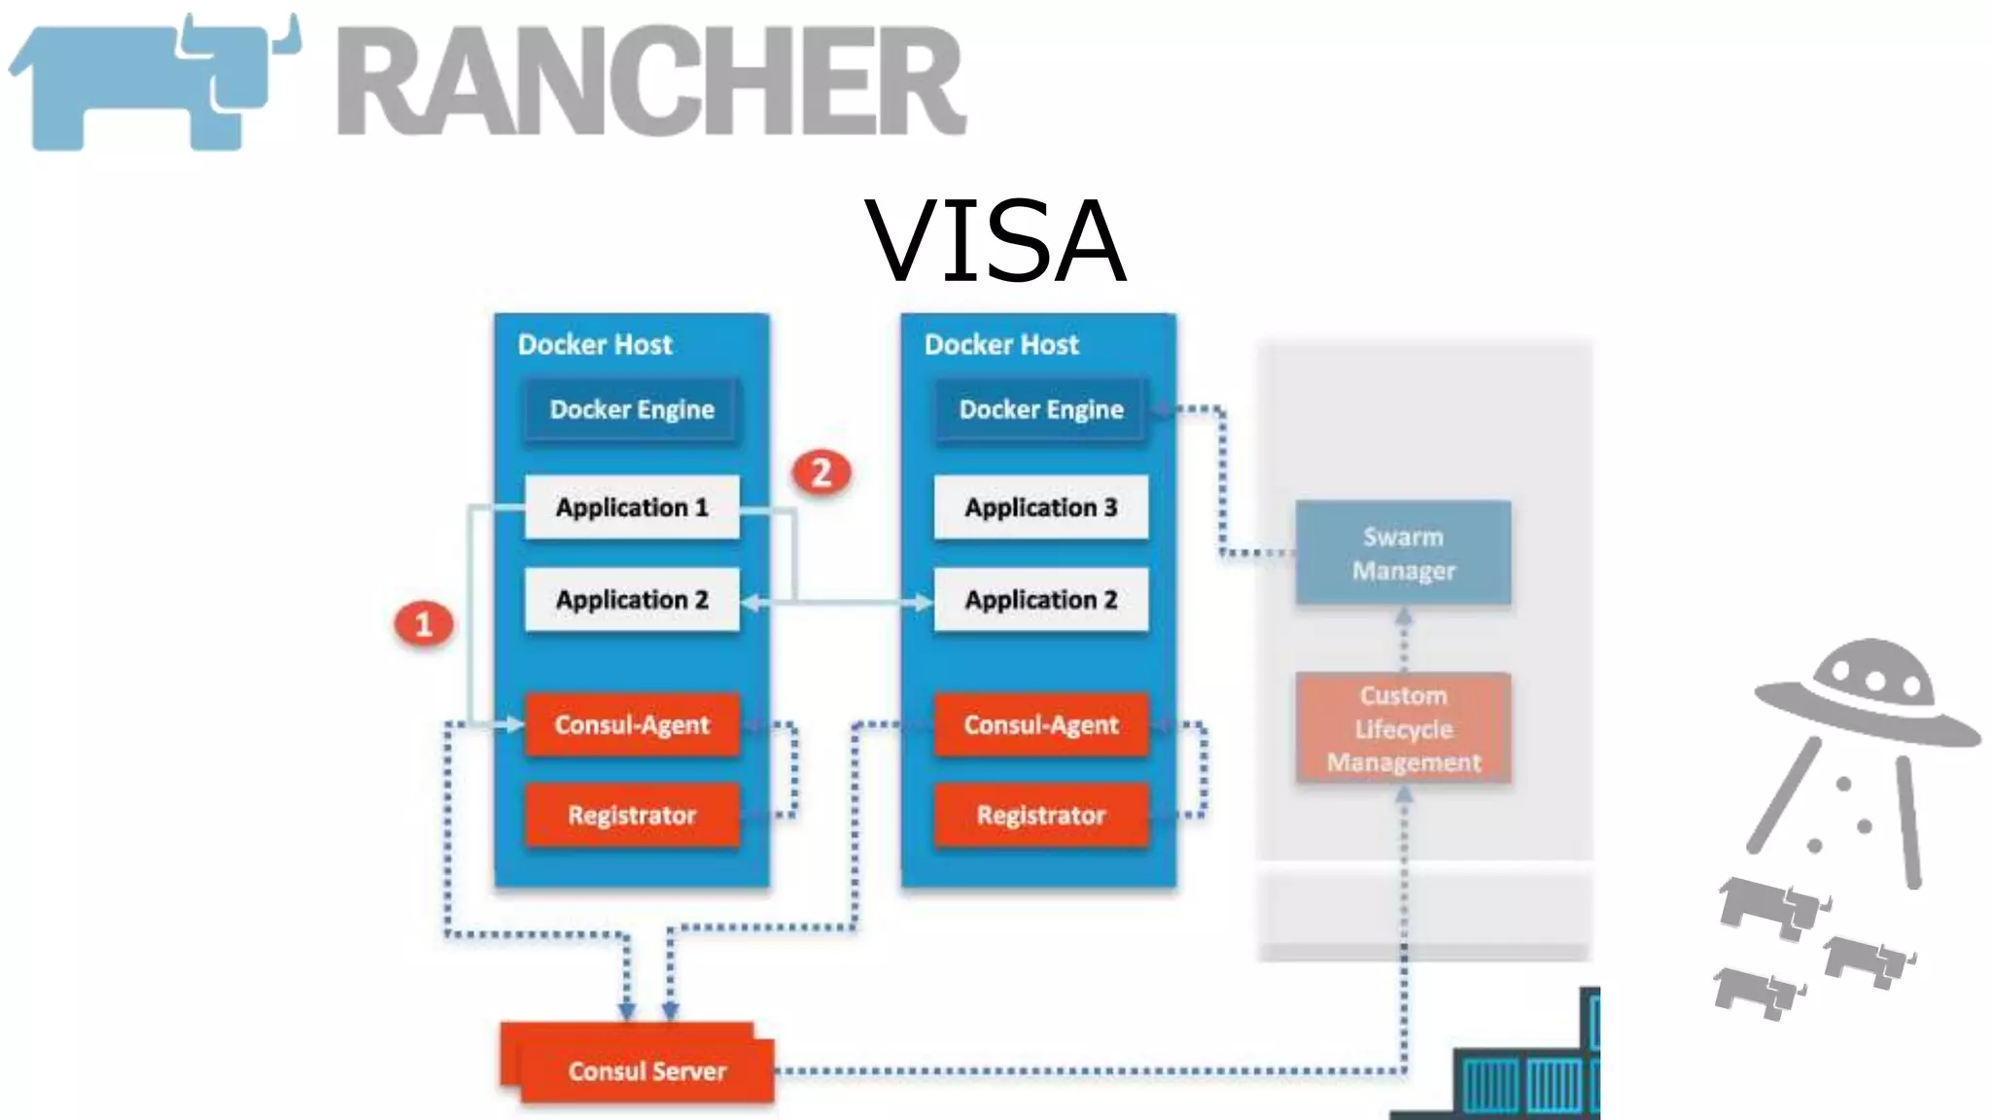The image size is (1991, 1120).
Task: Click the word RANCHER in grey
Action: coord(651,82)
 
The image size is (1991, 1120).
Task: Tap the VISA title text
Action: coord(995,241)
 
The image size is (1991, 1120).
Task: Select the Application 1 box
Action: coord(632,507)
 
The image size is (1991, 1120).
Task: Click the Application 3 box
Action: coord(1040,507)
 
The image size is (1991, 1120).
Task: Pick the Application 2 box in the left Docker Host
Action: coord(632,600)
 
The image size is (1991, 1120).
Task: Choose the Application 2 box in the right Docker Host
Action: coord(1040,600)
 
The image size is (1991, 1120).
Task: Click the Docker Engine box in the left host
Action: coord(632,409)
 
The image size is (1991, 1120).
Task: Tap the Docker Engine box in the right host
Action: coord(1040,409)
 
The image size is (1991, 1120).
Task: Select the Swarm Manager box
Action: coord(1403,552)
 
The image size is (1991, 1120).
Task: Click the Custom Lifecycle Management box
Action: coord(1403,728)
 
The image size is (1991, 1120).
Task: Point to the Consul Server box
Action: coord(646,1069)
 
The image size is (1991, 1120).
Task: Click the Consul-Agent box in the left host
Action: coord(632,724)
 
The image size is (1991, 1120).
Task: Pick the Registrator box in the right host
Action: coord(1040,815)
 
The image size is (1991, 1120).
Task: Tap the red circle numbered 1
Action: coord(424,624)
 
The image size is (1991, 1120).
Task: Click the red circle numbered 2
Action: coord(821,472)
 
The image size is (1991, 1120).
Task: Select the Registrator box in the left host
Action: coord(632,815)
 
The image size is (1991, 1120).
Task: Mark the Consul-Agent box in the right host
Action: coord(1040,724)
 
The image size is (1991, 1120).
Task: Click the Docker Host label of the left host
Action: coord(594,344)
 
